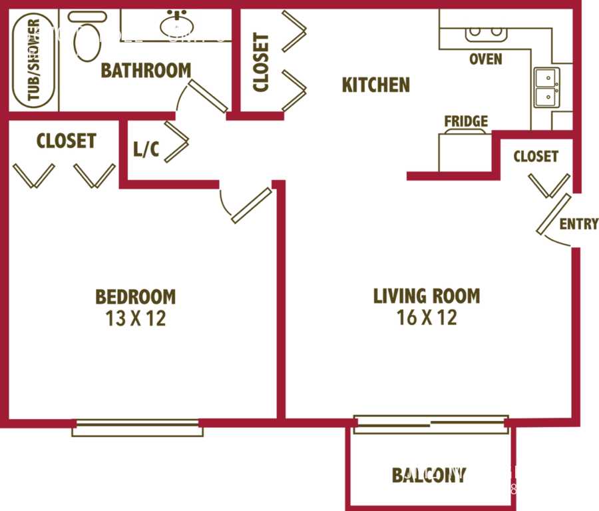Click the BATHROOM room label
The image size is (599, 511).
(x=146, y=71)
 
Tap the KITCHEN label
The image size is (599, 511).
(x=375, y=85)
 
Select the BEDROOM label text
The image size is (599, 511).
(x=136, y=296)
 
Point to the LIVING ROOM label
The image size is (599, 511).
(x=427, y=296)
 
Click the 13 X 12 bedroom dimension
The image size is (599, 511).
(x=136, y=318)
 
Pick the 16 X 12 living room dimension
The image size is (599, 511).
(x=427, y=317)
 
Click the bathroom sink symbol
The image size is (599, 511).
(x=177, y=23)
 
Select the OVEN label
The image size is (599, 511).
(x=485, y=60)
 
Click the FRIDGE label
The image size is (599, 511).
(x=466, y=121)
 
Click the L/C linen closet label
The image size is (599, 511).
(x=146, y=150)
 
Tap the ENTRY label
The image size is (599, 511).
(x=578, y=224)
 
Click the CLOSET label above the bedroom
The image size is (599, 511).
(x=66, y=141)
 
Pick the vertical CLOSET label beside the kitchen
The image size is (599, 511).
(x=260, y=61)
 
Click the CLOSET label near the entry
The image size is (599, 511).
(x=536, y=157)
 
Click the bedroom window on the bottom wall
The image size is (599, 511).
(x=138, y=428)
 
